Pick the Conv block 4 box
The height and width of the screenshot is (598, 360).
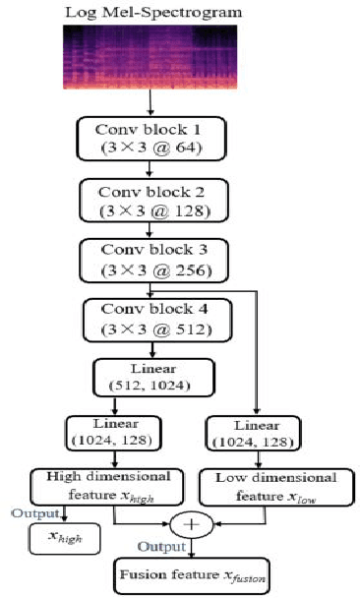pos(150,320)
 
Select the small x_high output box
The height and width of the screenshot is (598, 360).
pos(64,536)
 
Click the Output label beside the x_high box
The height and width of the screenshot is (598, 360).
pos(31,512)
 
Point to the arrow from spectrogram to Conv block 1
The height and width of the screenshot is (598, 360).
pos(150,101)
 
